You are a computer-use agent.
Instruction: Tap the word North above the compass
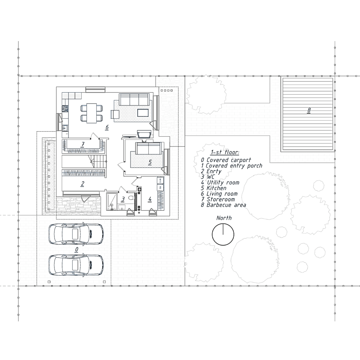coord(224,218)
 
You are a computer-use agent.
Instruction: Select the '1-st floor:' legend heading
coord(225,153)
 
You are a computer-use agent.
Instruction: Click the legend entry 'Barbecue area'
coord(226,205)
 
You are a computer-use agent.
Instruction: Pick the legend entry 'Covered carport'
coord(229,160)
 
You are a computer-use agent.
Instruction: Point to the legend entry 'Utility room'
coord(223,183)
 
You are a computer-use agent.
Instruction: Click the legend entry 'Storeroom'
coord(221,200)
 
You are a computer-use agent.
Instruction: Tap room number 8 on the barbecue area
coord(309,110)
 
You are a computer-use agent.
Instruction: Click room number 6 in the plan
coord(107,127)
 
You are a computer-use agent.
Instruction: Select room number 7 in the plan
coord(83,144)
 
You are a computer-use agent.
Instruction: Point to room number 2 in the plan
coord(82,184)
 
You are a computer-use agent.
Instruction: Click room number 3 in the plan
coord(123,199)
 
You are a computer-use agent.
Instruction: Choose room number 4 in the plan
coord(150,199)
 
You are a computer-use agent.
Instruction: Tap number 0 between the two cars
coord(77,249)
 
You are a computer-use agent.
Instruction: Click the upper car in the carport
coord(76,234)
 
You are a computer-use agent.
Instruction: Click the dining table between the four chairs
coord(92,113)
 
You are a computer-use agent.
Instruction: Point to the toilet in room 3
coord(131,198)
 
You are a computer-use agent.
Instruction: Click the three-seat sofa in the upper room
coord(134,99)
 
